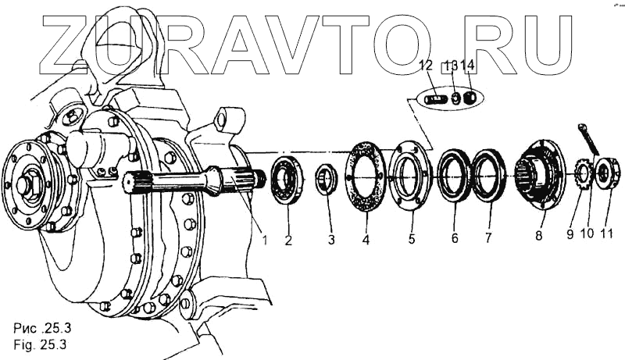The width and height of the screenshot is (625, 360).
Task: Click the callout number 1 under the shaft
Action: [x=265, y=240]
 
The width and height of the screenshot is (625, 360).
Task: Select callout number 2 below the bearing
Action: [x=288, y=240]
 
